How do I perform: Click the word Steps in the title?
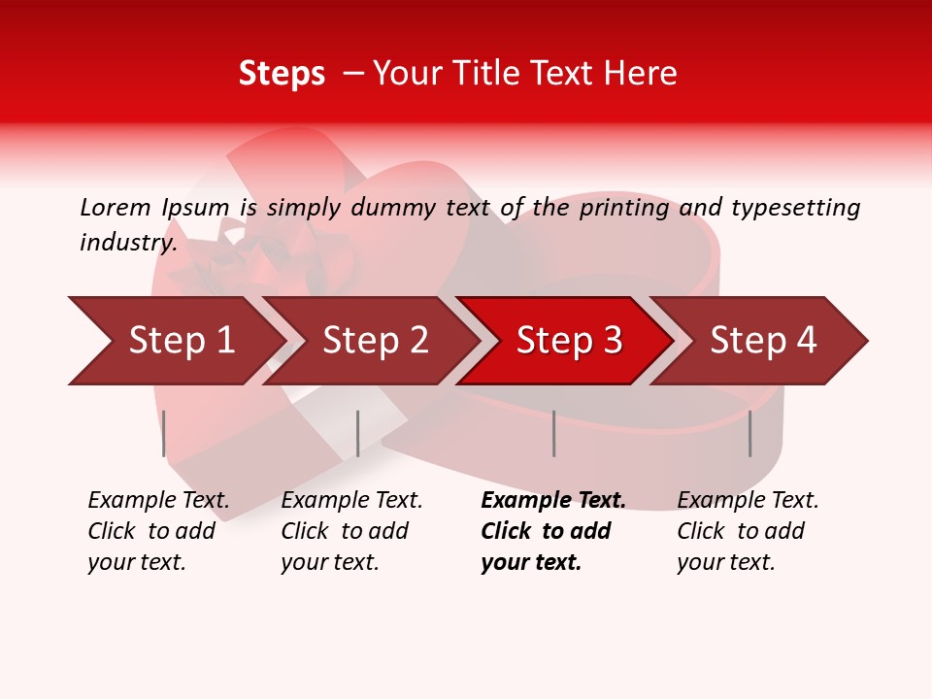tap(282, 74)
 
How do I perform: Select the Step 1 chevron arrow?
tap(181, 341)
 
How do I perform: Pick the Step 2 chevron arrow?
tap(375, 341)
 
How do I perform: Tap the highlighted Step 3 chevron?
tap(569, 341)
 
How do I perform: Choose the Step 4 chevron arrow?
tap(763, 341)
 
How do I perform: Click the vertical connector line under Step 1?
tap(164, 433)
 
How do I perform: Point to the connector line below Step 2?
tap(358, 433)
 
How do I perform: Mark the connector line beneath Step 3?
tap(554, 433)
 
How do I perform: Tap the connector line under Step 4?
tap(750, 433)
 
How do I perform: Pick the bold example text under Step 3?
tap(552, 531)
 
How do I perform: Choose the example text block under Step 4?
tap(748, 531)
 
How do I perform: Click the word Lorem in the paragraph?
tap(115, 208)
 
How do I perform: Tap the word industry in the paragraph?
tap(127, 243)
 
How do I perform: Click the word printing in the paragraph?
tap(625, 208)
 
